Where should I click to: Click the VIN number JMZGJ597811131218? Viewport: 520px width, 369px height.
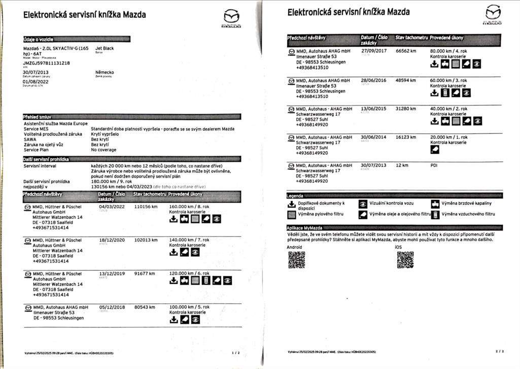pyautogui.click(x=47, y=63)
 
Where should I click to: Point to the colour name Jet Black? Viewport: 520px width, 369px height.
pyautogui.click(x=105, y=49)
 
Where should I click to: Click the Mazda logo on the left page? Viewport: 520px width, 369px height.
pyautogui.click(x=231, y=18)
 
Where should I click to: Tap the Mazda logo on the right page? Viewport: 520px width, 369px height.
pyautogui.click(x=493, y=14)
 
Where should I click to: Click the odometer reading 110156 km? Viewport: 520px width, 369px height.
pyautogui.click(x=146, y=207)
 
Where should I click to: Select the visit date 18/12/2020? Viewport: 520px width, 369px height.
pyautogui.click(x=112, y=240)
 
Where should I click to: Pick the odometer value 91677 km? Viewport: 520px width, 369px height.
pyautogui.click(x=145, y=274)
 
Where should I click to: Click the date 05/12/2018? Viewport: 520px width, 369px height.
pyautogui.click(x=112, y=307)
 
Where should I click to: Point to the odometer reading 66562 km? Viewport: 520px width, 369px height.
pyautogui.click(x=406, y=51)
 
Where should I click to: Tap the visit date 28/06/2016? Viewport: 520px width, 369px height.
pyautogui.click(x=373, y=80)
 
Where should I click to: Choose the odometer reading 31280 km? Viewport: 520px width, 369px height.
pyautogui.click(x=406, y=109)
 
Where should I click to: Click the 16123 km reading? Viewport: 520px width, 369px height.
pyautogui.click(x=406, y=137)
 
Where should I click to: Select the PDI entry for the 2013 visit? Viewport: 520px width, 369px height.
pyautogui.click(x=434, y=165)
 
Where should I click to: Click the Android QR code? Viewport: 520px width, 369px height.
pyautogui.click(x=297, y=260)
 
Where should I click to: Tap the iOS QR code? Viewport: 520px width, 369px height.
pyautogui.click(x=405, y=260)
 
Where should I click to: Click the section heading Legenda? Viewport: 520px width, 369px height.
pyautogui.click(x=296, y=195)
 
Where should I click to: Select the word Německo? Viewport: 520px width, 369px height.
pyautogui.click(x=105, y=73)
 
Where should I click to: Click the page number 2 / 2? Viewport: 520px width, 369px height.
pyautogui.click(x=499, y=351)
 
